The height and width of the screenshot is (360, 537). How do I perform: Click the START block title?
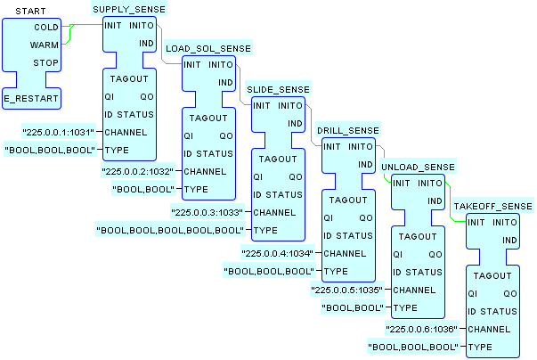31,11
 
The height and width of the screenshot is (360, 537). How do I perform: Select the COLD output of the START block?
45,27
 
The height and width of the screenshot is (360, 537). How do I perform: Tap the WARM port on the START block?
45,44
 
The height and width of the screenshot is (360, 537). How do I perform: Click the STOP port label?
45,62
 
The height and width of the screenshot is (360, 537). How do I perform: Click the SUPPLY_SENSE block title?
130,8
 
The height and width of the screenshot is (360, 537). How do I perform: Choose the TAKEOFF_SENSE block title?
492,207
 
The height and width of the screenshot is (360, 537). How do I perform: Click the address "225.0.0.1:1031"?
60,132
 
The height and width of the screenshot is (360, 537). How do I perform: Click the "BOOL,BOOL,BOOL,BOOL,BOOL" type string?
170,231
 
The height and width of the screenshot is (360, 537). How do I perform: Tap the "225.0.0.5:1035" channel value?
348,290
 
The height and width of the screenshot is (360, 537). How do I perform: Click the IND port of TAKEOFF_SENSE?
510,241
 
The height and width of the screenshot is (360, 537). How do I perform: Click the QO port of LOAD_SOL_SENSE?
225,135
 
